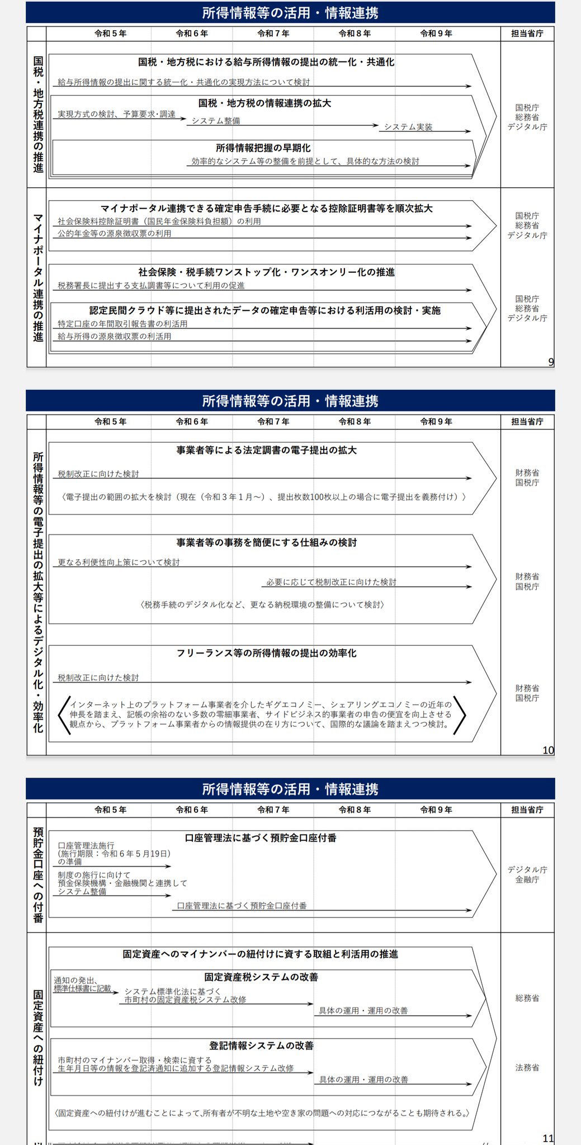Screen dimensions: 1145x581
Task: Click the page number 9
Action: pos(551,362)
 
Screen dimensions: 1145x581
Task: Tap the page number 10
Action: pos(548,750)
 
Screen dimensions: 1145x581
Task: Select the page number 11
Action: pos(548,1138)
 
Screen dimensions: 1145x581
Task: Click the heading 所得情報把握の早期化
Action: pos(263,148)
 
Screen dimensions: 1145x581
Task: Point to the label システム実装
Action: pos(408,127)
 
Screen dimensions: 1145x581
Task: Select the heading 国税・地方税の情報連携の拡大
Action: pos(264,103)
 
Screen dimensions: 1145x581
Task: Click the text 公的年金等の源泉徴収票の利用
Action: pos(115,234)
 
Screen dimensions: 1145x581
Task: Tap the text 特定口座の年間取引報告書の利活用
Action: pos(122,324)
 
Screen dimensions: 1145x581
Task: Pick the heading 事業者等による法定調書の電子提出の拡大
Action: pos(266,450)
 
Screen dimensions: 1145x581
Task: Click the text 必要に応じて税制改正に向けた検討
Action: pos(331,582)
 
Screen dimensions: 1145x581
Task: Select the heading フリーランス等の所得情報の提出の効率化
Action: pos(266,653)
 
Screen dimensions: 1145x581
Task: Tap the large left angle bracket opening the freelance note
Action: pos(64,715)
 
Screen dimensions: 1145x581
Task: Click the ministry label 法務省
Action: pos(527,1067)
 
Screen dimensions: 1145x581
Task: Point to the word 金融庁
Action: pos(527,879)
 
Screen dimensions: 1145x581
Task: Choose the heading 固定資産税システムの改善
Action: pos(261,977)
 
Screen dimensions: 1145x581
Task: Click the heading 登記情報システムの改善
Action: pos(261,1045)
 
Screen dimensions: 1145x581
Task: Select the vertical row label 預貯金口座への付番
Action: pos(38,874)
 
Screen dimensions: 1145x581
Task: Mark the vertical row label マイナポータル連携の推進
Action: pos(38,277)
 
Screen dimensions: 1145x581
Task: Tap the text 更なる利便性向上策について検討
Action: pos(119,562)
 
